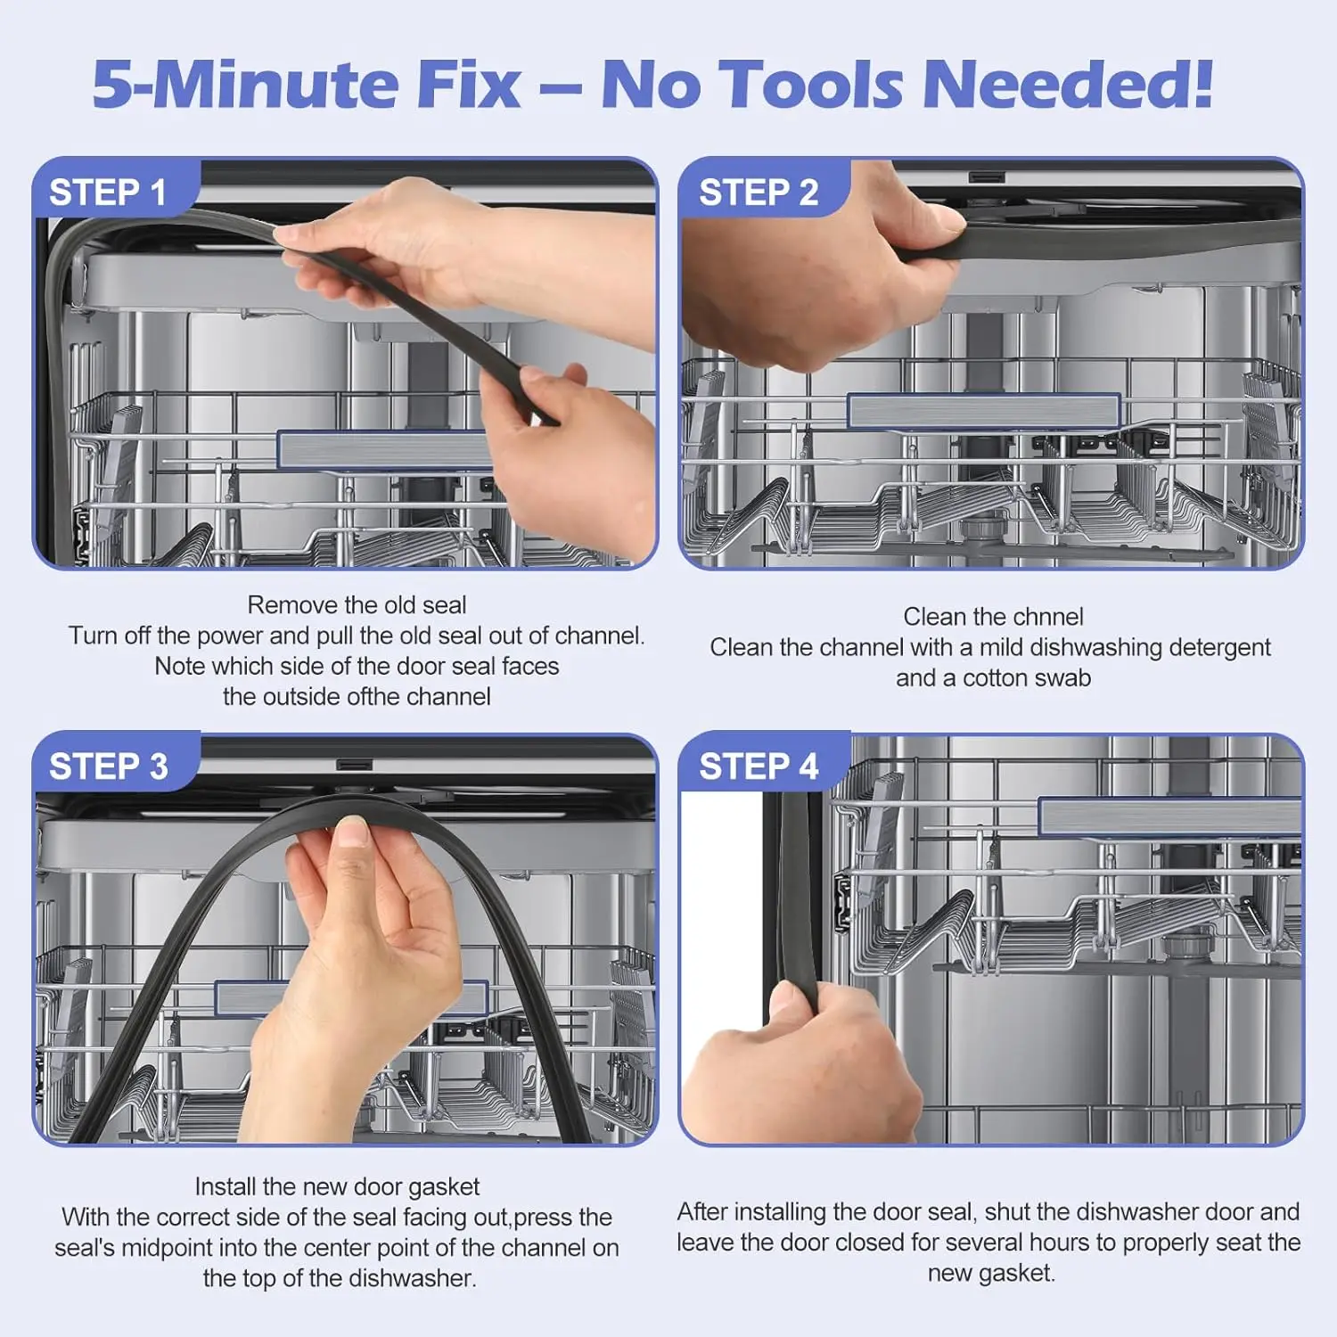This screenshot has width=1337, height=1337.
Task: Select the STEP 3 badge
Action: [108, 767]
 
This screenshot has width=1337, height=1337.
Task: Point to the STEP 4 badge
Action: [759, 767]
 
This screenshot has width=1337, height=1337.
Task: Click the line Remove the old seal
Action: [357, 605]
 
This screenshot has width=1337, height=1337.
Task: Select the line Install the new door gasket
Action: [337, 1187]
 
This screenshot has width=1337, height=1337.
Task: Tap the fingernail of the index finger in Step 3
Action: [352, 833]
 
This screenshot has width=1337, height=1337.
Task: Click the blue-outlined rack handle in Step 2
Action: [983, 411]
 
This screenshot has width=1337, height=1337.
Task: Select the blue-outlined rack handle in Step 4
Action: [1170, 816]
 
